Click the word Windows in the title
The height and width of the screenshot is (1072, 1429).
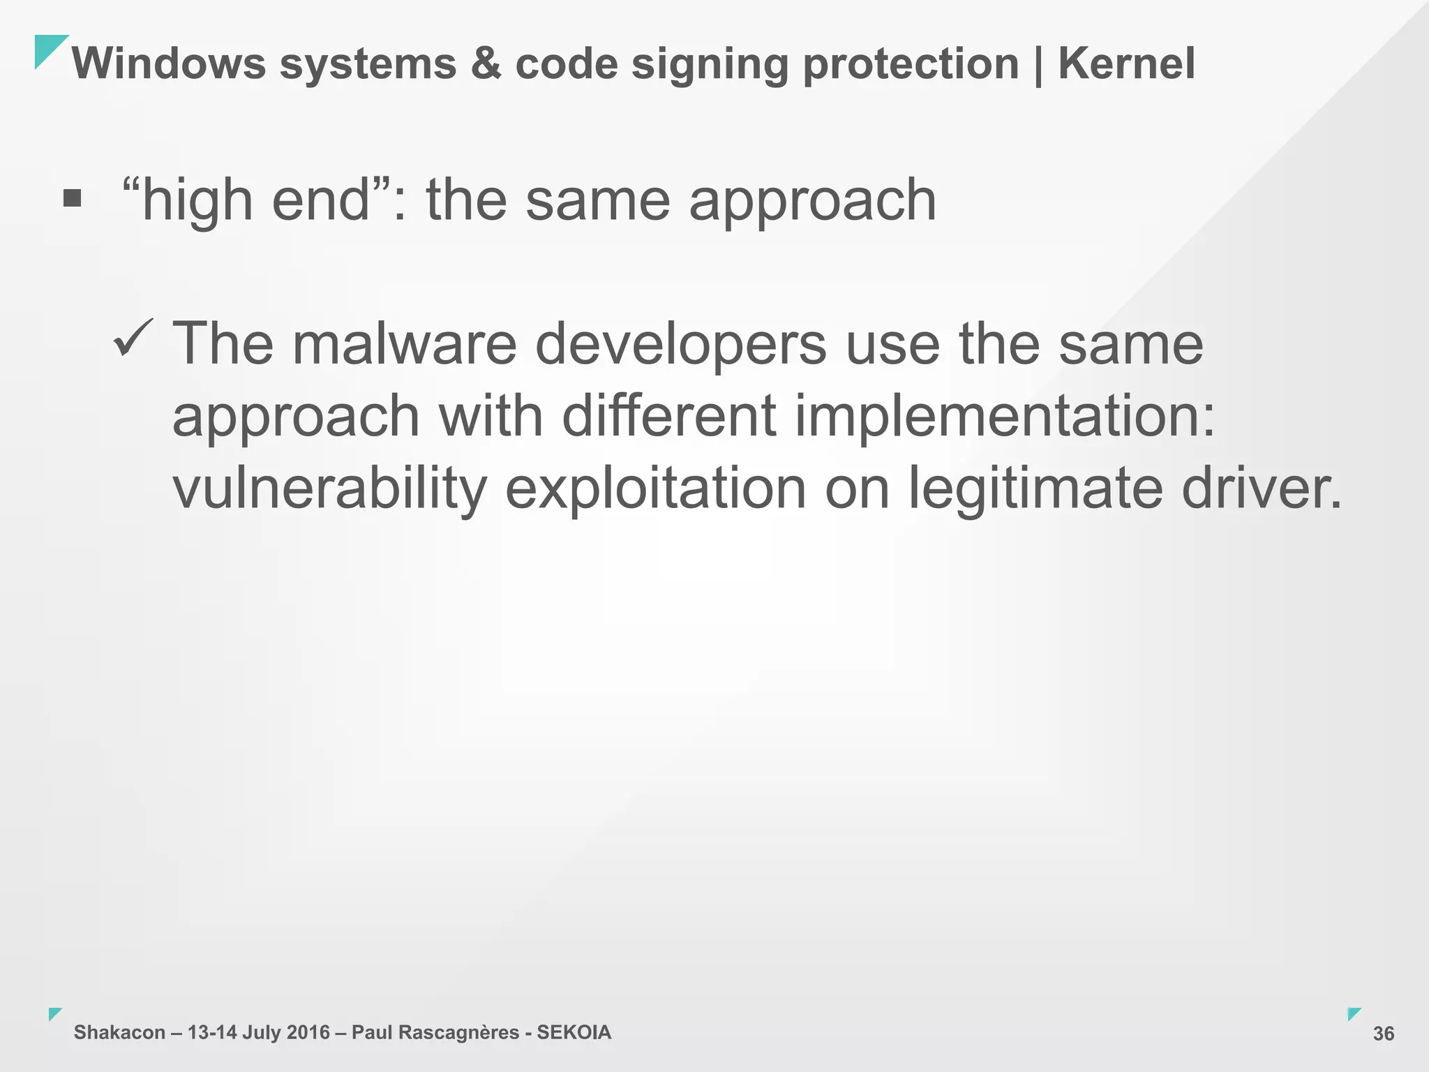[168, 64]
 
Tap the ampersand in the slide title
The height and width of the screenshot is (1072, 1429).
[486, 64]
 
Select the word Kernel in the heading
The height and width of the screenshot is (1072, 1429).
[1126, 64]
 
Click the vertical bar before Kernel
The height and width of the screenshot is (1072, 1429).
[1039, 65]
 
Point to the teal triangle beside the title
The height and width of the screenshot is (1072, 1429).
[47, 48]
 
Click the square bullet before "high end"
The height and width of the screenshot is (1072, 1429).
[72, 199]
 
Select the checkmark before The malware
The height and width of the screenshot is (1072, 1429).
[133, 337]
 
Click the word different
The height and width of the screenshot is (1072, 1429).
[668, 416]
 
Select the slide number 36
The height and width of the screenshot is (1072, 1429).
[1383, 1034]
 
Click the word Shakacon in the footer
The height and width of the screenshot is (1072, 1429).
[119, 1032]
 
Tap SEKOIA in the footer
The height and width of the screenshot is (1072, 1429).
[574, 1032]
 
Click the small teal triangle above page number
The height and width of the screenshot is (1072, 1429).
[1353, 1013]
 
